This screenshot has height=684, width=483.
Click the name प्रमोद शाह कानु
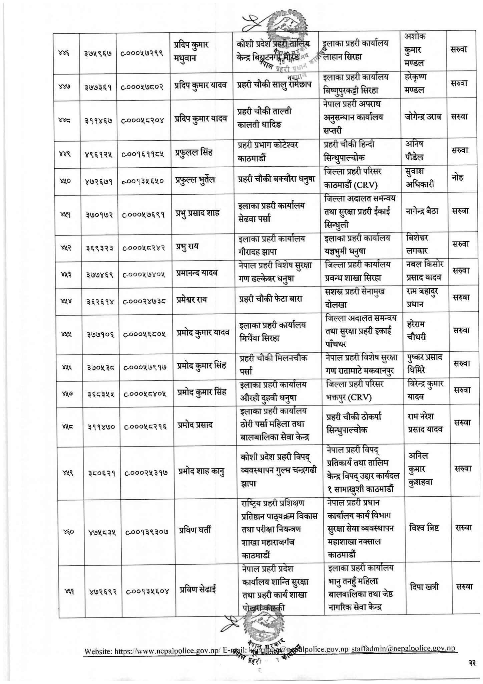(x=200, y=472)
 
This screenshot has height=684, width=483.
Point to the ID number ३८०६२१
(x=99, y=473)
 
